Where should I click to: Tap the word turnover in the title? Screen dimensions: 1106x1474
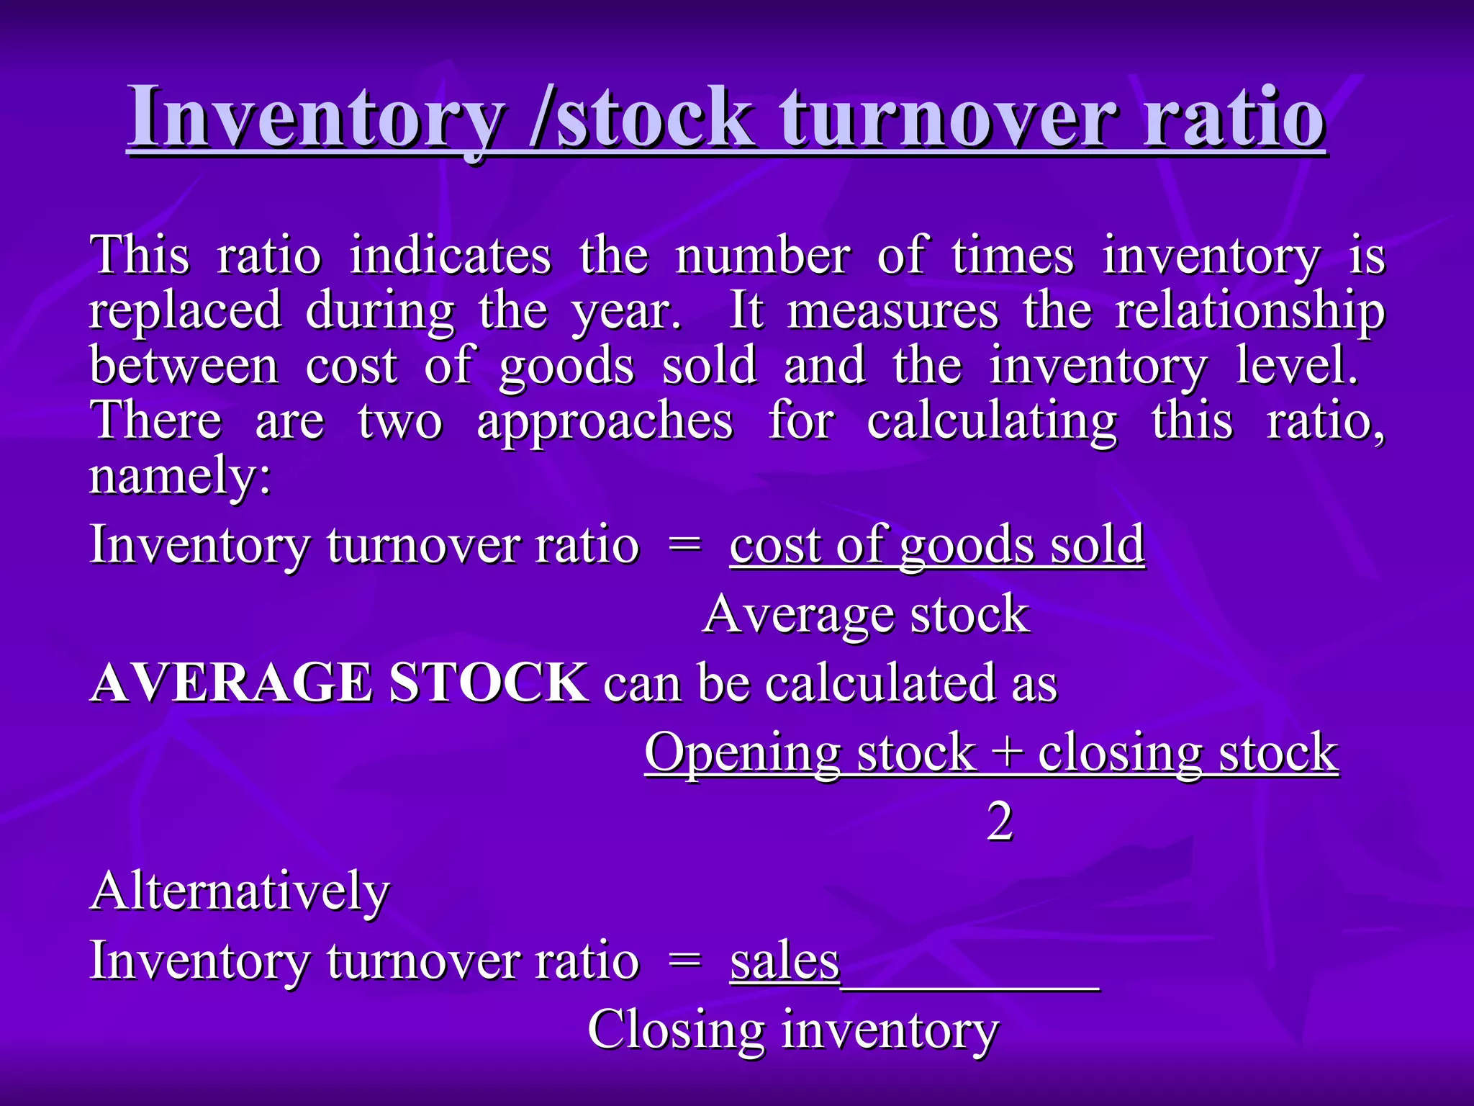point(949,117)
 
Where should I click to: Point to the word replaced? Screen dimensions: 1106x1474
point(185,311)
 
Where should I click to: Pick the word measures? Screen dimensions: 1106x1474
point(892,311)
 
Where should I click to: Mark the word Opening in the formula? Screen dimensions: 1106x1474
point(742,753)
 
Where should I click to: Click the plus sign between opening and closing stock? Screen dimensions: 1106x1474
point(1007,753)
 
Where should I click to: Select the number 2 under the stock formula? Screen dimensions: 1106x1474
point(1000,822)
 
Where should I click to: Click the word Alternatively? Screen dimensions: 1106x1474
point(240,891)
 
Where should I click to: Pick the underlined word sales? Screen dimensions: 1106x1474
point(785,961)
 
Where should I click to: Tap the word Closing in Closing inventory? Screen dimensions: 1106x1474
point(676,1030)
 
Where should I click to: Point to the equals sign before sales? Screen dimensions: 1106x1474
point(684,961)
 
